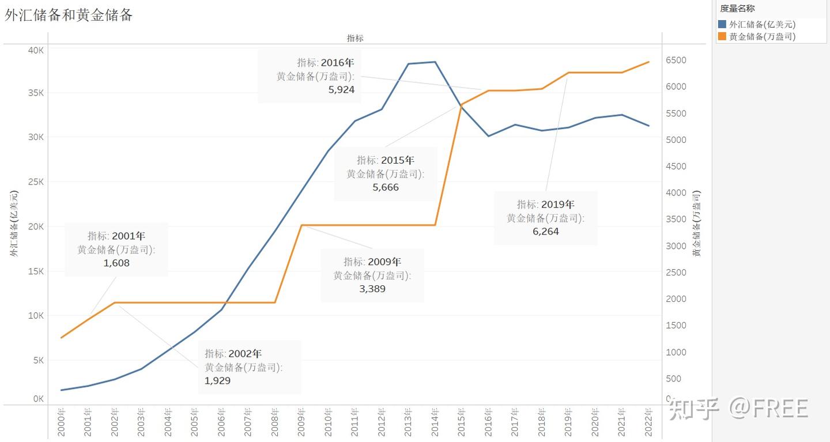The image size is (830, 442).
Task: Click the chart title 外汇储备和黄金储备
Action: click(69, 16)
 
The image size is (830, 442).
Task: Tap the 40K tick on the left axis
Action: click(36, 50)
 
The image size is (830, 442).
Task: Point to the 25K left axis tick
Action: click(36, 182)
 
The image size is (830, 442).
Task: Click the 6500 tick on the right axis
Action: click(676, 61)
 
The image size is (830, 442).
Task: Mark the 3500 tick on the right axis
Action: click(676, 220)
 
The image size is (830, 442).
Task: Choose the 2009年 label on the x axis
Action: click(301, 423)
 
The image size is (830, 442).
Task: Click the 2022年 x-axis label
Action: click(648, 423)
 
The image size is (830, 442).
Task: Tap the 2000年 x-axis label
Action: click(61, 423)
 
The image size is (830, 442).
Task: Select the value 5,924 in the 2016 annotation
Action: click(341, 90)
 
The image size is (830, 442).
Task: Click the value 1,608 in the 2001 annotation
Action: click(116, 263)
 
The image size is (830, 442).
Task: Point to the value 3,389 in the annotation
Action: click(372, 289)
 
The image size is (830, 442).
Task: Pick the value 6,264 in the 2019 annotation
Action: click(545, 232)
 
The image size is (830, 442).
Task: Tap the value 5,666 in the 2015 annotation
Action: click(386, 187)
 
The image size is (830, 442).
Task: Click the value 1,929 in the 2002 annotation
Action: click(217, 380)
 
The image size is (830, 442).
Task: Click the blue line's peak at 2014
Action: click(435, 62)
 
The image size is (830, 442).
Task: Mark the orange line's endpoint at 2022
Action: click(649, 62)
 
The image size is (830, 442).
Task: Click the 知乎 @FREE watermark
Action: click(738, 408)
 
